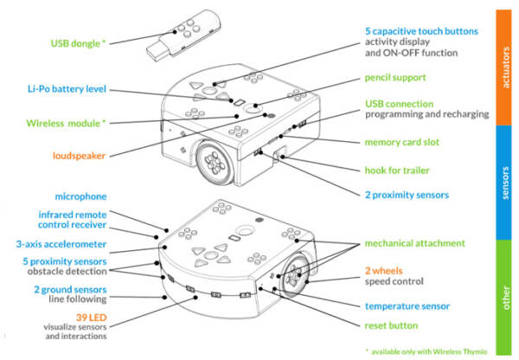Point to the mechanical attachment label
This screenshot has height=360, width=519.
(x=414, y=243)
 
